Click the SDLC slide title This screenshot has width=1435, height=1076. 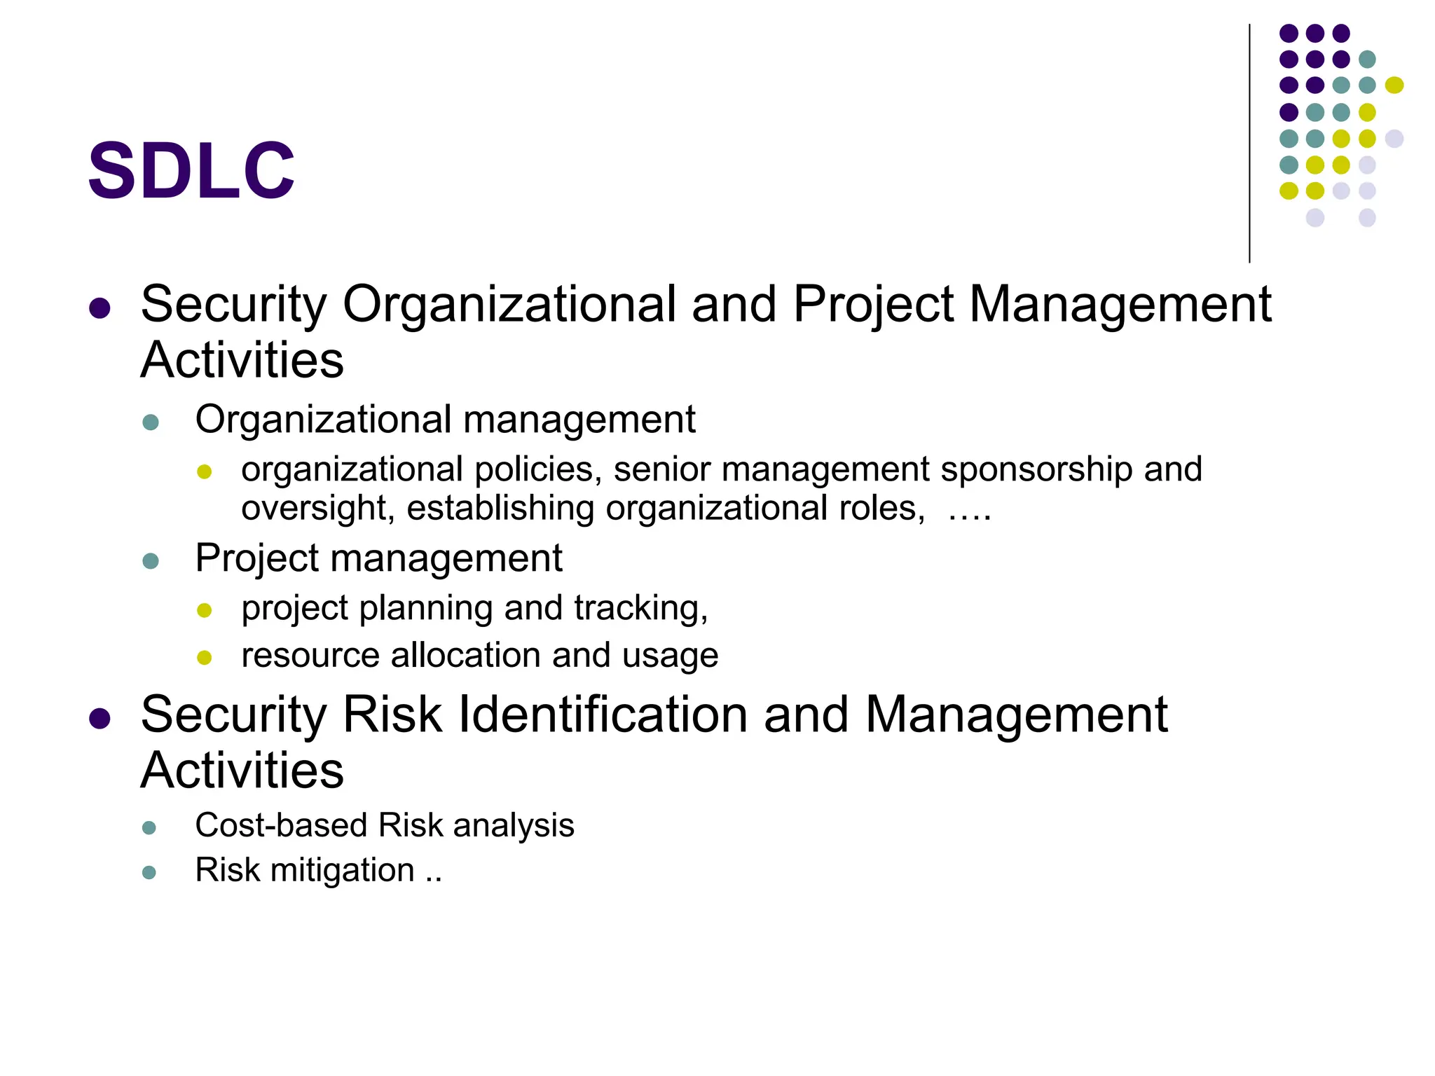pos(191,170)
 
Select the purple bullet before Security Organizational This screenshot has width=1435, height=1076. pos(100,308)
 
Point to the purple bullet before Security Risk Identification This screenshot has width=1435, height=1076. pos(100,718)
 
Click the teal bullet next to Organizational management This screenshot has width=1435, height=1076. pos(151,422)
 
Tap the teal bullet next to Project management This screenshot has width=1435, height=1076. pos(151,561)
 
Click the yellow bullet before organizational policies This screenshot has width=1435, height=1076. pos(205,472)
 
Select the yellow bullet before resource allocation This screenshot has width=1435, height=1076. pos(205,658)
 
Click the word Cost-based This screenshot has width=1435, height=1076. pos(281,825)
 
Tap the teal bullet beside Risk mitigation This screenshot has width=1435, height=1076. pos(149,872)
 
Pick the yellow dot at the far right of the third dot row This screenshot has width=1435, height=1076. pos(1394,85)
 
